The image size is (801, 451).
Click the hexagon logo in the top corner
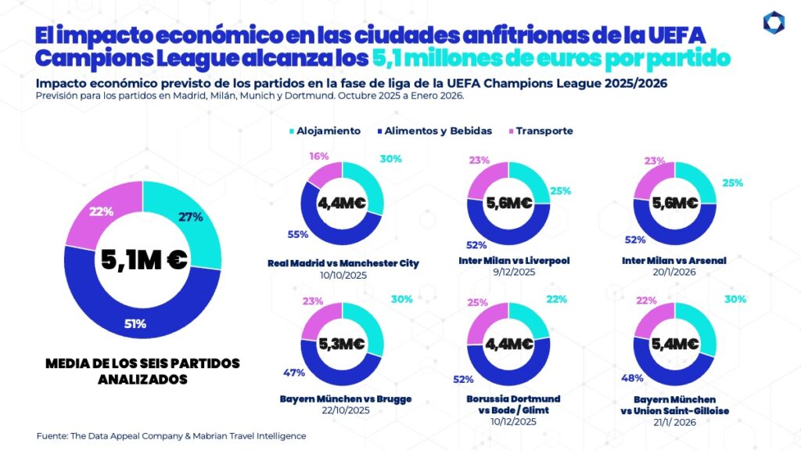[774, 23]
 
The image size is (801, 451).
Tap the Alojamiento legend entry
[324, 131]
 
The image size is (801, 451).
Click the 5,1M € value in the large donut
[143, 260]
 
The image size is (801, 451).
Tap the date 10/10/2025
[342, 276]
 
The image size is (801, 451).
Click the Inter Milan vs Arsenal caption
[675, 260]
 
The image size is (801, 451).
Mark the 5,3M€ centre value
[341, 343]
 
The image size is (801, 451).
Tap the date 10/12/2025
[513, 422]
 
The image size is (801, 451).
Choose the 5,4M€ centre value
[674, 343]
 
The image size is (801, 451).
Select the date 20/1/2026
[675, 272]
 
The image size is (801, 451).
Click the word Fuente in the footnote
[52, 435]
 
